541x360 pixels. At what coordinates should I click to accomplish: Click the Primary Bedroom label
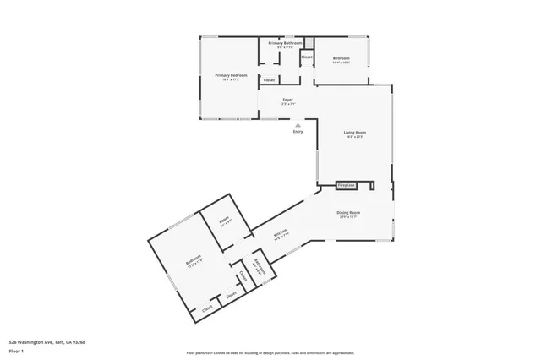tap(227, 75)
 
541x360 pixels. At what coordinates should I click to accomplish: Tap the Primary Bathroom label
tap(286, 42)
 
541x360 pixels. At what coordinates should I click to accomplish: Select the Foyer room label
tap(287, 100)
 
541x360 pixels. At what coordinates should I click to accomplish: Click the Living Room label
tap(354, 133)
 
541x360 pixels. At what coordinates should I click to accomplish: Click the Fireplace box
tap(346, 184)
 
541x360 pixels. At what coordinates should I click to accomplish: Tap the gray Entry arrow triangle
tap(298, 124)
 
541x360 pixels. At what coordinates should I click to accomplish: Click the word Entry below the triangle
tap(298, 132)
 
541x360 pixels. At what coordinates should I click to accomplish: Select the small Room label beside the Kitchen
tap(225, 221)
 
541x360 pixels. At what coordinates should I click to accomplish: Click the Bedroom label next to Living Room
tap(341, 58)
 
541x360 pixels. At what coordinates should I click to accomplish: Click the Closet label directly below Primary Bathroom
tap(269, 79)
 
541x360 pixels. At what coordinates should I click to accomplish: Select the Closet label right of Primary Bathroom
tap(306, 57)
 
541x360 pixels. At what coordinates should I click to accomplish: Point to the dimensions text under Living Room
tap(354, 137)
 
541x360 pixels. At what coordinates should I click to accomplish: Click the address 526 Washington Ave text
tap(47, 342)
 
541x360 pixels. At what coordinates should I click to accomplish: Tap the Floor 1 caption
tap(16, 350)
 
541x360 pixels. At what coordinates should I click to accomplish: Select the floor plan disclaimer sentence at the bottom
tap(270, 352)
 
